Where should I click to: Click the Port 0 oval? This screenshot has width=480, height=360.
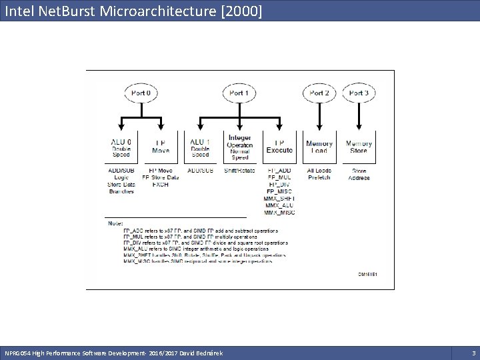(x=141, y=93)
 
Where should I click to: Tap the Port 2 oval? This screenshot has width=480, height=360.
(x=319, y=93)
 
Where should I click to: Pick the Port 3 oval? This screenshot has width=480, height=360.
(x=359, y=93)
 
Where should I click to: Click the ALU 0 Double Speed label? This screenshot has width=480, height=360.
(x=121, y=148)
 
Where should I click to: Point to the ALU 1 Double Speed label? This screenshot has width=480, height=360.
(x=200, y=148)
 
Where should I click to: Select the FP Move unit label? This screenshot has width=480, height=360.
(x=161, y=147)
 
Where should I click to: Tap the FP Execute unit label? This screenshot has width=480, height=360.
(x=279, y=147)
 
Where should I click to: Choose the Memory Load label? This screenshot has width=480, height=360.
(x=319, y=147)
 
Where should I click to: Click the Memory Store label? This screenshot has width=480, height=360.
(x=359, y=147)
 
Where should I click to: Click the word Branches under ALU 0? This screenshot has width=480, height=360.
(x=121, y=191)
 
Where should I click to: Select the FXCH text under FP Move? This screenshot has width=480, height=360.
(x=161, y=185)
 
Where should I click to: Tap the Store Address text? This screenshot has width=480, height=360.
(x=359, y=174)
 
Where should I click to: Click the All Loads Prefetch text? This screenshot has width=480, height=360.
(x=319, y=174)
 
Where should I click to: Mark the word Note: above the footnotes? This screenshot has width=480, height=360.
(x=115, y=223)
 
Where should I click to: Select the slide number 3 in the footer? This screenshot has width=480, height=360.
(x=473, y=352)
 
